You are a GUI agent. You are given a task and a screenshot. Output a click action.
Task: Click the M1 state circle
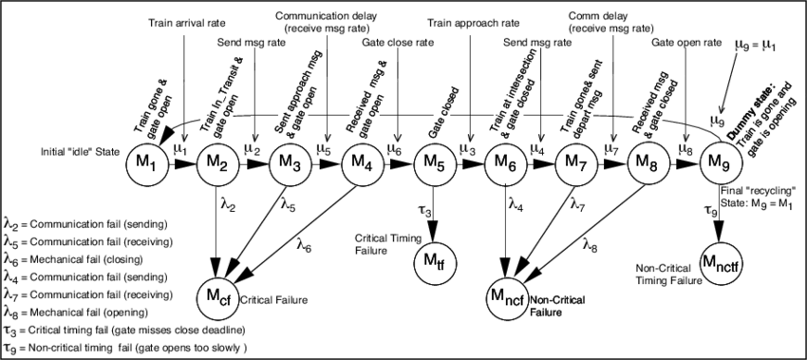tap(146, 161)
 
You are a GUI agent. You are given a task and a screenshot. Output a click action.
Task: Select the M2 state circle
tap(217, 161)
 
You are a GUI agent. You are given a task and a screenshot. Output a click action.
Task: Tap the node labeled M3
tap(290, 161)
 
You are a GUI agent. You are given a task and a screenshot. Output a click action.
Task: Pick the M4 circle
tap(361, 161)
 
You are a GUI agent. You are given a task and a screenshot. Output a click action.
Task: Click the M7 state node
tap(575, 161)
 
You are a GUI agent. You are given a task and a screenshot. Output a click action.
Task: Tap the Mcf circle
tap(217, 298)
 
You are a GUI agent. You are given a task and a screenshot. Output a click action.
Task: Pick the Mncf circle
tap(504, 298)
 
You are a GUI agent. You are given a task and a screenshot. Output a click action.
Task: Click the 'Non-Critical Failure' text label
tap(566, 304)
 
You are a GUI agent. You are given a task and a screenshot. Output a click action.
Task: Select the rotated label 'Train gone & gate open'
tap(154, 104)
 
